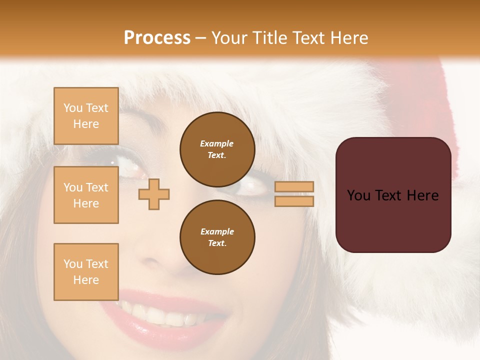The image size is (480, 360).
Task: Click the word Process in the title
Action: (157, 38)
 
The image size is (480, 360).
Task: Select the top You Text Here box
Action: (86, 116)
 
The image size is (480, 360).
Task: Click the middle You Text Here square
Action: (86, 195)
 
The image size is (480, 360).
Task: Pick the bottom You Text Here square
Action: (86, 272)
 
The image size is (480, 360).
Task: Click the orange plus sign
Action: (154, 193)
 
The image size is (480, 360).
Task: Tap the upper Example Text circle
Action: (217, 149)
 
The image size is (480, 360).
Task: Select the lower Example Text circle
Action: (217, 237)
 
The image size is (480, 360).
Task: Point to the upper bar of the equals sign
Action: (294, 187)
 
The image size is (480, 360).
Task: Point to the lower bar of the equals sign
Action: (294, 201)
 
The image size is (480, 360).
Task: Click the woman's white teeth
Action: (160, 315)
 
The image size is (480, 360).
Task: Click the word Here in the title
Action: (350, 38)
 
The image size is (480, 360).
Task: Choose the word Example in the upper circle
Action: (217, 144)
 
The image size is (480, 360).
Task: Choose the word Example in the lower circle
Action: (217, 232)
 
